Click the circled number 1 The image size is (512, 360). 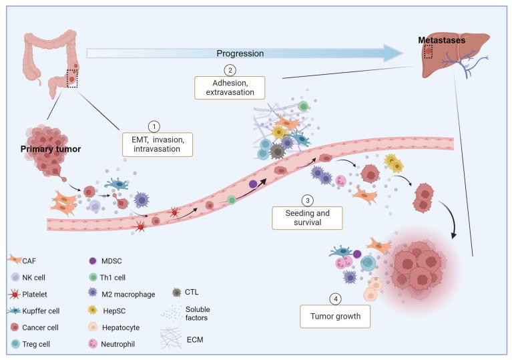(154, 126)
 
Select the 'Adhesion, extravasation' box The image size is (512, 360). (229, 87)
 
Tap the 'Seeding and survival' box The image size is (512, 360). (307, 217)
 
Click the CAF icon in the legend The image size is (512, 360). (14, 260)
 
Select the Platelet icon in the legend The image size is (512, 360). (14, 292)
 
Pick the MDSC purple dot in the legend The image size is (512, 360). (93, 260)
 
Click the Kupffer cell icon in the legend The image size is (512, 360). (14, 308)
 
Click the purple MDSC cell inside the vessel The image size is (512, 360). (252, 184)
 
